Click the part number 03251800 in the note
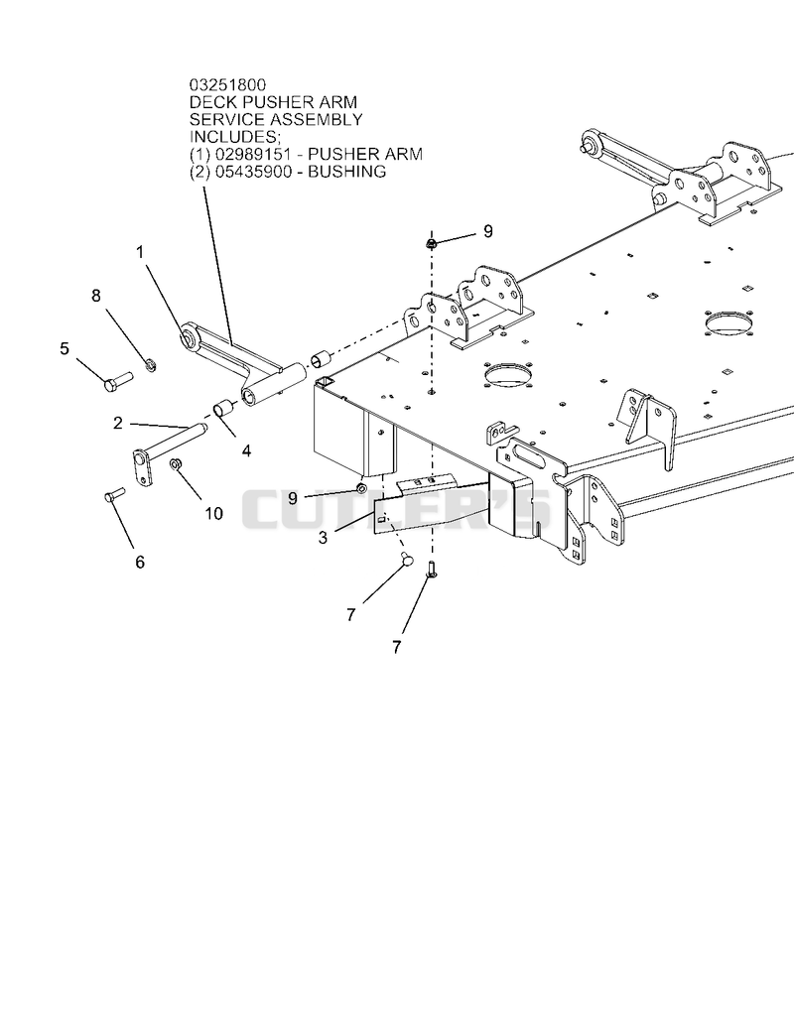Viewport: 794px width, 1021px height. pos(227,84)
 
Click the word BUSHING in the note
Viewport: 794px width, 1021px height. pos(347,172)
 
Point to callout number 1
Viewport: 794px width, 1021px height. pos(140,252)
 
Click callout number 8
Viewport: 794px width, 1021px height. pos(96,296)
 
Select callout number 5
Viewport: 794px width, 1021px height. pos(64,349)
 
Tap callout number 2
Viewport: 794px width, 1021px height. pos(117,424)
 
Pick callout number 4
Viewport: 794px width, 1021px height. pos(246,450)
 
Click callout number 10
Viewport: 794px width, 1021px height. pos(213,514)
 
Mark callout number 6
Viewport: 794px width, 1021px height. pos(140,562)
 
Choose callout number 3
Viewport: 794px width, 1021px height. pos(324,538)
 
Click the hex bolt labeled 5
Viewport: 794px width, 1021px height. pos(118,381)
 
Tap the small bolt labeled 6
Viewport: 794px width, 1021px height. pos(114,494)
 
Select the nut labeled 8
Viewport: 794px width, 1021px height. pos(149,365)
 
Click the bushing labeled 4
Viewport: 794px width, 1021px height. pos(224,410)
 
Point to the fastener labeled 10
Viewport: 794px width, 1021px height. pos(175,463)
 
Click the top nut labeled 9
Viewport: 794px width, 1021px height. pos(430,243)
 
